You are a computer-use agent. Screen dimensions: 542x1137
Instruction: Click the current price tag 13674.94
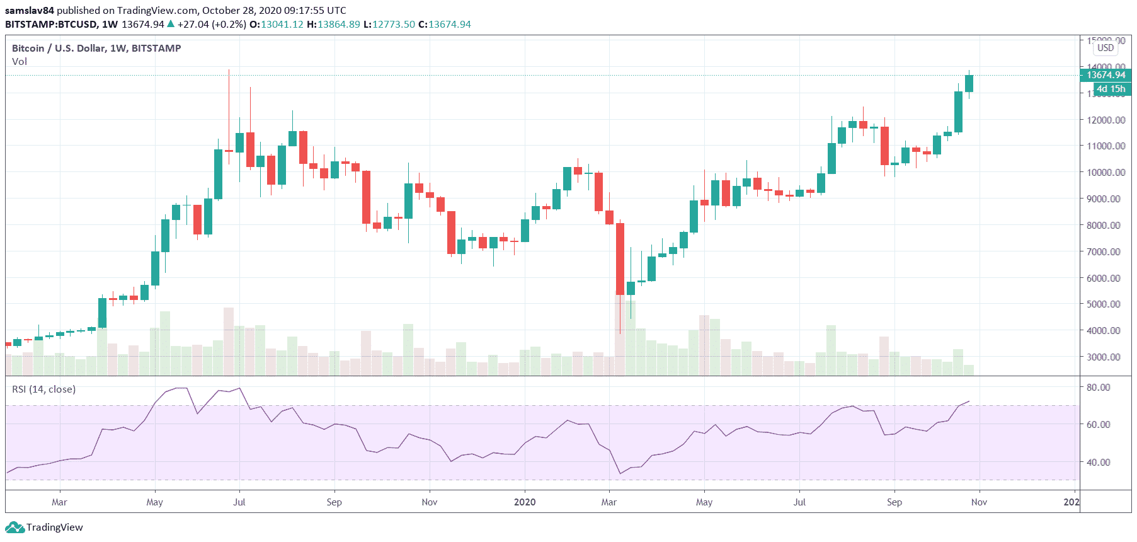point(1106,75)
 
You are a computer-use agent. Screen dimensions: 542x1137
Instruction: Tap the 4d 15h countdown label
point(1111,89)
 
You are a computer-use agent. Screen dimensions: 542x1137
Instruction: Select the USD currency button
point(1106,48)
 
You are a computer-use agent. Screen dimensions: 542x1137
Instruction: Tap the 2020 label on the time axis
point(525,502)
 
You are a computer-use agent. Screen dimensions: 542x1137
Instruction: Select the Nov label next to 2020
point(979,502)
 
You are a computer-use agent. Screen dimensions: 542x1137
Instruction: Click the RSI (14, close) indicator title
point(44,389)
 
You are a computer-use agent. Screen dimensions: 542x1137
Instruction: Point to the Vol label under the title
point(20,62)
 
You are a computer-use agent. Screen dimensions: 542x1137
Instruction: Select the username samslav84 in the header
point(30,11)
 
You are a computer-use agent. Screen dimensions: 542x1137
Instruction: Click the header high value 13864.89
point(339,25)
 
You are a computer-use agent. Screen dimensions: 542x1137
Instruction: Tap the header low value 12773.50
point(394,25)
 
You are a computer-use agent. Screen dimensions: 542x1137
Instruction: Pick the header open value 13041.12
point(282,25)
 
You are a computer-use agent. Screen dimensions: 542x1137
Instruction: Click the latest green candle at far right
point(969,83)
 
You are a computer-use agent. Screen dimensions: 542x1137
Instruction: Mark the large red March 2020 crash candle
point(620,258)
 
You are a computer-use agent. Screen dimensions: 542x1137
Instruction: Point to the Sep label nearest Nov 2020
point(894,502)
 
